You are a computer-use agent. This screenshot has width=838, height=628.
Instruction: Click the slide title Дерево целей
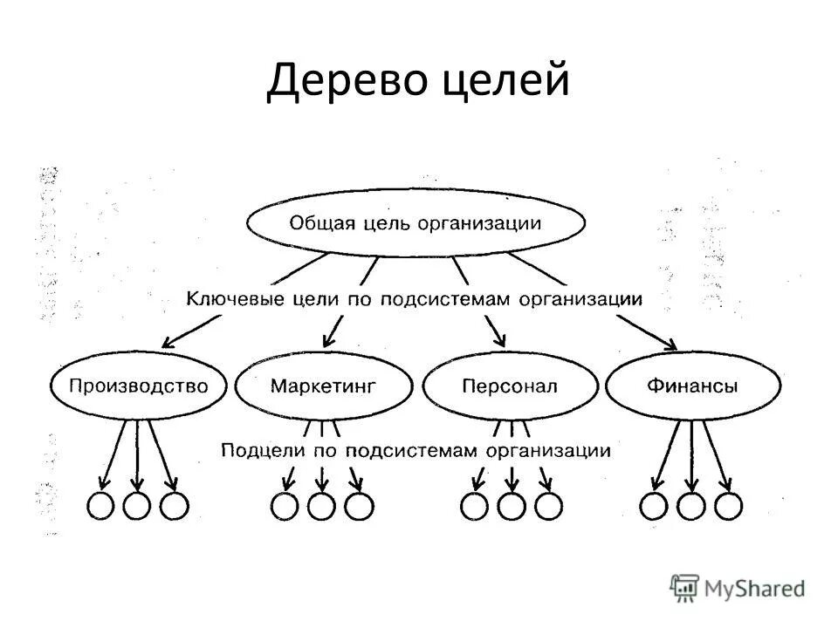(418, 81)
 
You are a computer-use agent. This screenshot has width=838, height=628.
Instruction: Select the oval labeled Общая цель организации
(416, 222)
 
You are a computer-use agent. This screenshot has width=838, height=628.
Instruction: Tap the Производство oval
(138, 386)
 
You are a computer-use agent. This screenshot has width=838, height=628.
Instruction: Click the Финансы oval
(693, 386)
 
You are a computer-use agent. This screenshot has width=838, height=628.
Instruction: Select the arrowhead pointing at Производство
(171, 342)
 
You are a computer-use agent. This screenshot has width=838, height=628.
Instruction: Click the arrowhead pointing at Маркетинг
(329, 341)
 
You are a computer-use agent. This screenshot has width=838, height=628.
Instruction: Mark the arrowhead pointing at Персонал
(499, 340)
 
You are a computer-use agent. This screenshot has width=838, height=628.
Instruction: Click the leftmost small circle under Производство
(100, 505)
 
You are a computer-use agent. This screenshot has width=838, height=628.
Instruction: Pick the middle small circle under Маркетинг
(322, 506)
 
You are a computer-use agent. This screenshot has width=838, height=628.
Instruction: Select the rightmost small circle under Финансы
(729, 505)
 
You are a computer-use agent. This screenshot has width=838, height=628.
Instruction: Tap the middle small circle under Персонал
(512, 506)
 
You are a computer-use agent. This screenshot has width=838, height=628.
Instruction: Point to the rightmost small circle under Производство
(174, 505)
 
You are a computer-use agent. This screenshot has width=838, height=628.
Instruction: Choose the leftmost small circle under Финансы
(655, 505)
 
